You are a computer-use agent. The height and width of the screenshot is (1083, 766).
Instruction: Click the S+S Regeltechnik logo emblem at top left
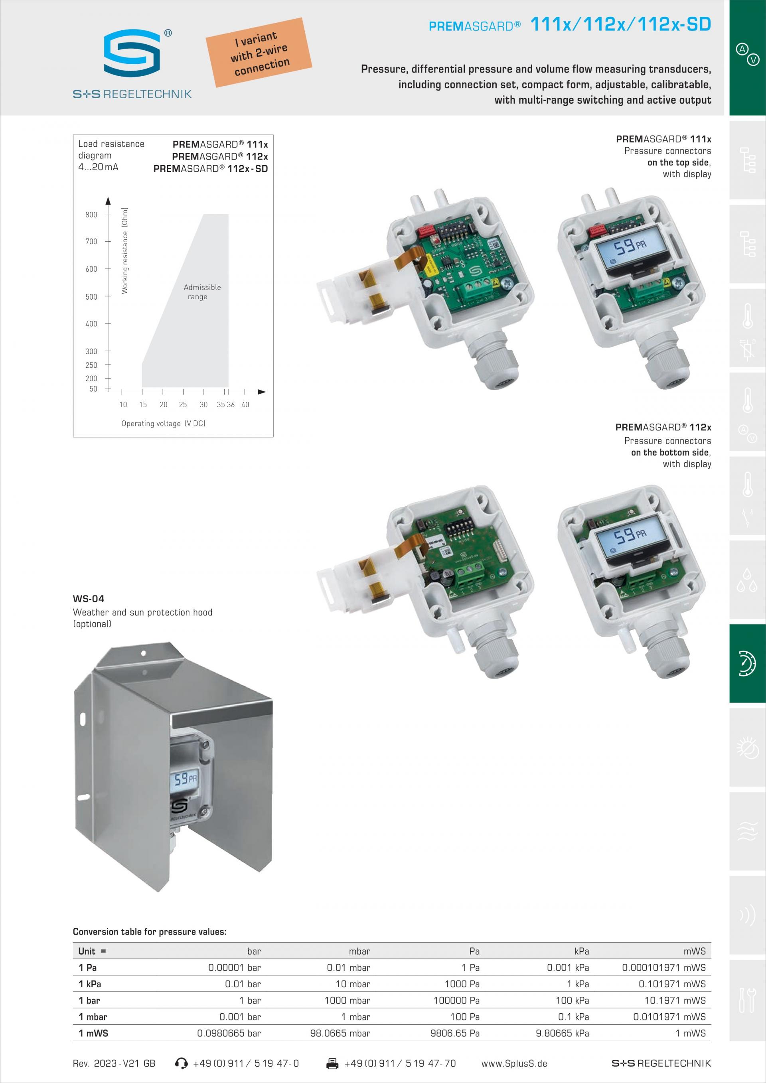[132, 52]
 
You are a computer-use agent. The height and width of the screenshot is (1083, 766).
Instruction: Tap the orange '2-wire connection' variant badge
[259, 52]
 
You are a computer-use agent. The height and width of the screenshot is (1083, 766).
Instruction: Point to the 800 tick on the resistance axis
[91, 215]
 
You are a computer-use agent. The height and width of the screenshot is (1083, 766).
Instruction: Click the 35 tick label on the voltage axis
[221, 404]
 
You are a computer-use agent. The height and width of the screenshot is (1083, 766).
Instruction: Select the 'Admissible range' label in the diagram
[202, 292]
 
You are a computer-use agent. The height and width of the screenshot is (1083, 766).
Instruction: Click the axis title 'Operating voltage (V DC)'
[163, 423]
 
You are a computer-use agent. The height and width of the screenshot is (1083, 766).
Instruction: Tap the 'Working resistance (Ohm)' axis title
[124, 251]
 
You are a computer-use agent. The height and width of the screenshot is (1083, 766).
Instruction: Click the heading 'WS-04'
[88, 599]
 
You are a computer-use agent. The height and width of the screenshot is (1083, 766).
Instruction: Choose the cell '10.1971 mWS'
[675, 1000]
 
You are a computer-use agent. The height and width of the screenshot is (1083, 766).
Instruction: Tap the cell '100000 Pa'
[456, 1000]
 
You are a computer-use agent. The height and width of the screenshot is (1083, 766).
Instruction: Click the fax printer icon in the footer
[332, 1063]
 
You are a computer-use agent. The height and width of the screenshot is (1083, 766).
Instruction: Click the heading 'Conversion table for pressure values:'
[150, 931]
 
